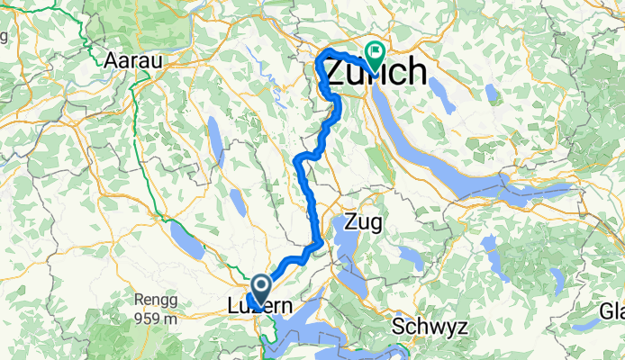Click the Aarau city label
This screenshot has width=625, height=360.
[x=132, y=60]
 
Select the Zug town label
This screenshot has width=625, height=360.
[x=364, y=221]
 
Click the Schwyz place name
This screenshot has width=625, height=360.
[x=430, y=325]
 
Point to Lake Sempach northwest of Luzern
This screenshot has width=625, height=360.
[x=190, y=240]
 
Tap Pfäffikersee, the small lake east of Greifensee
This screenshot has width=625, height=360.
[x=490, y=93]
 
